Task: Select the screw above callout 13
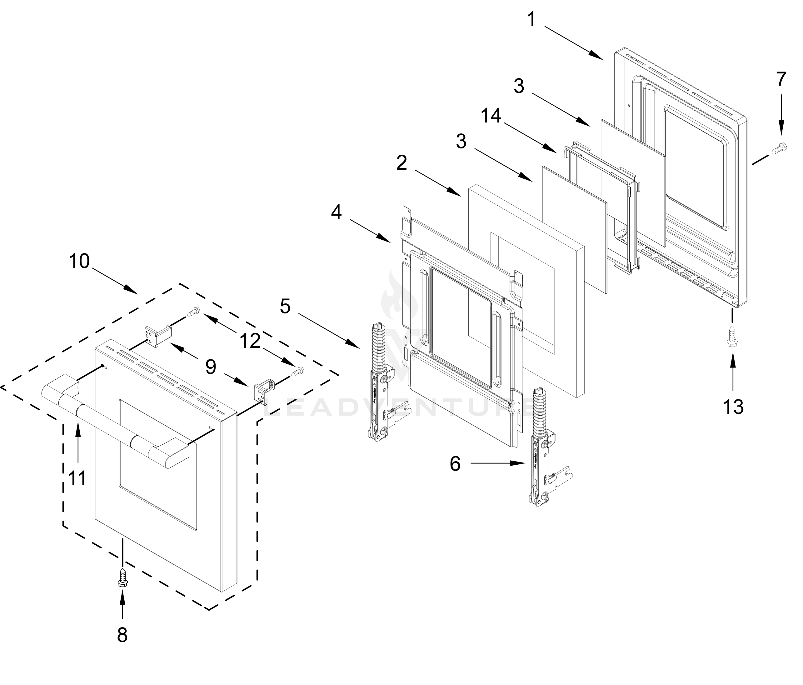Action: (x=732, y=336)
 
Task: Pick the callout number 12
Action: (x=250, y=341)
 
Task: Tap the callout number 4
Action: (x=337, y=212)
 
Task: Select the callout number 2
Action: (x=401, y=163)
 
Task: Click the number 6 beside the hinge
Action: (x=455, y=463)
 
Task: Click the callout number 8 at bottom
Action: (x=122, y=635)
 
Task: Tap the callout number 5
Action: (x=285, y=306)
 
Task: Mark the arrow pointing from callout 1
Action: (x=574, y=42)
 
